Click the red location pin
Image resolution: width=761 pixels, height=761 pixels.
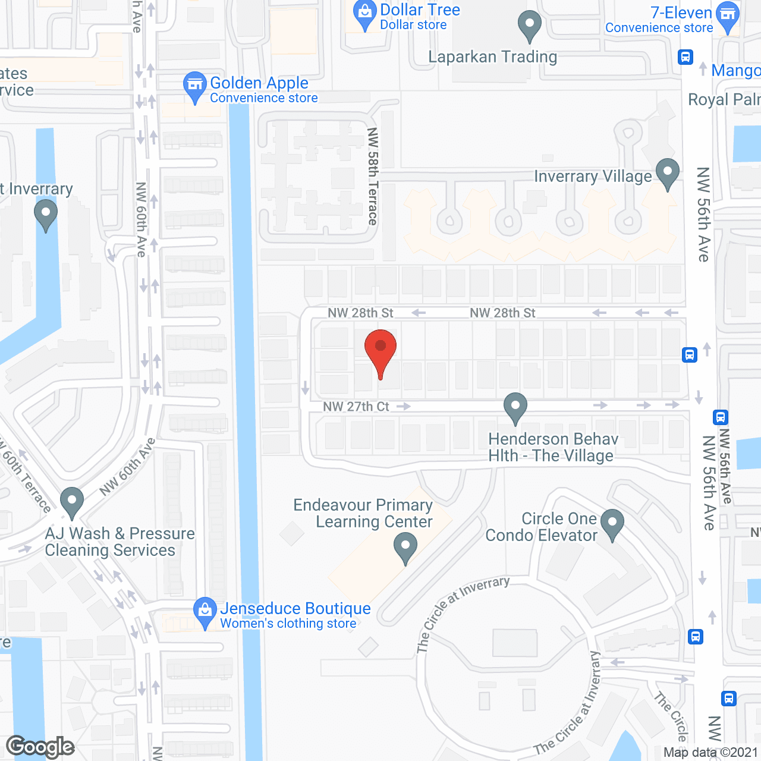click(x=380, y=348)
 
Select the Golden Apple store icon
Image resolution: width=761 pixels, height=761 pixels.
click(x=194, y=86)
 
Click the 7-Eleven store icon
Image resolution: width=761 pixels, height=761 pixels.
click(x=727, y=16)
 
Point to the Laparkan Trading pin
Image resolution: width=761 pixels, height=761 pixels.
click(x=529, y=25)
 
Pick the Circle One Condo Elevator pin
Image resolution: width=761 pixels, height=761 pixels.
click(x=612, y=524)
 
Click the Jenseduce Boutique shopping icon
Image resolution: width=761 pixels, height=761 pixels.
click(x=205, y=611)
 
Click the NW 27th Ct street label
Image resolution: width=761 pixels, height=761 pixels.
click(x=356, y=407)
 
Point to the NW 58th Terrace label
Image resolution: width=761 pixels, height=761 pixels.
click(x=373, y=177)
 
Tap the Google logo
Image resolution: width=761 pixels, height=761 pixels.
click(x=40, y=747)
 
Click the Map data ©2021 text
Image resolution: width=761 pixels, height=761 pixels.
click(x=711, y=753)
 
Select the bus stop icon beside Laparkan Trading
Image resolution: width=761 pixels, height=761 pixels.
click(x=685, y=57)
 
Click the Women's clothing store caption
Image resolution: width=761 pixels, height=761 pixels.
click(x=288, y=624)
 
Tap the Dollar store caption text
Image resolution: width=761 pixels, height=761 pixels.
click(x=413, y=25)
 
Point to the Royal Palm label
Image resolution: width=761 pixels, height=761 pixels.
click(x=724, y=99)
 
